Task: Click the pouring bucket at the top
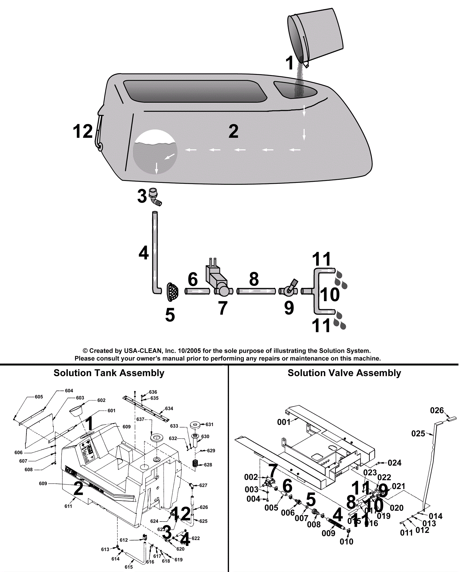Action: tap(316, 36)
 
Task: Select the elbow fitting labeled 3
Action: tap(155, 197)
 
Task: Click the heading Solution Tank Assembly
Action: tap(109, 373)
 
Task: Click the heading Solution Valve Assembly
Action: tap(344, 373)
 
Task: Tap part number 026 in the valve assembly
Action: tap(437, 411)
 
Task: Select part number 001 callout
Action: tap(283, 422)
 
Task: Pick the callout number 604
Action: tap(69, 391)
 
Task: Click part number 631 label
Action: tap(209, 424)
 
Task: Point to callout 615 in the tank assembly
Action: tap(129, 567)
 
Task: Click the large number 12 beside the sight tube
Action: tap(83, 131)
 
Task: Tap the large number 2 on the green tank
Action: tap(234, 131)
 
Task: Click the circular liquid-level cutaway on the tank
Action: tap(155, 152)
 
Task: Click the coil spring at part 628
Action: tap(195, 463)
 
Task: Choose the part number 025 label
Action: tap(418, 434)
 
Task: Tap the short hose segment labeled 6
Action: tap(197, 291)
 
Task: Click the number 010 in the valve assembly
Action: tap(346, 542)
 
